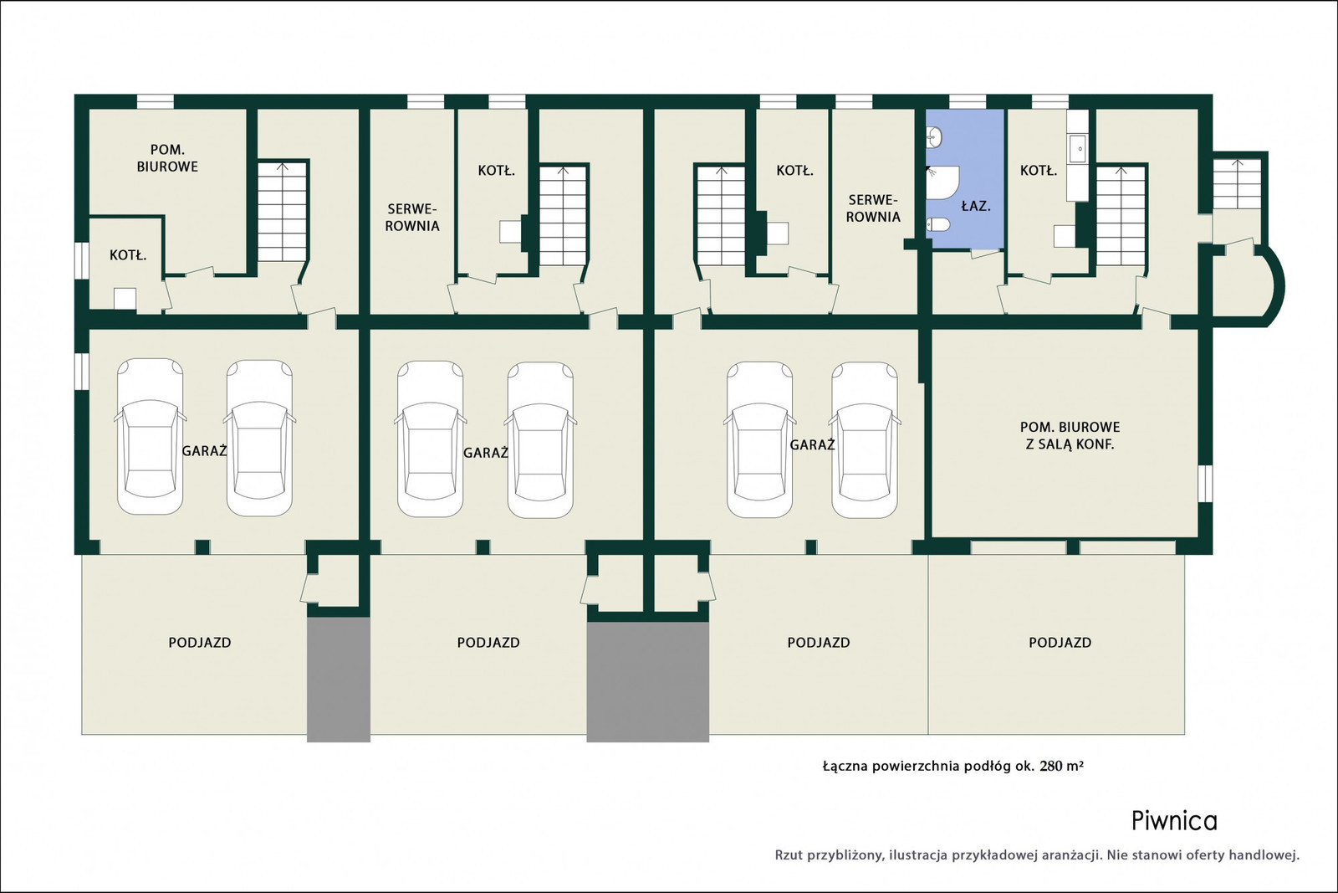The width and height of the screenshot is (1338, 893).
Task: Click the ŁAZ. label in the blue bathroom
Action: click(x=976, y=206)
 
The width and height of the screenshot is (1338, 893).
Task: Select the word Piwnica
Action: click(x=1174, y=821)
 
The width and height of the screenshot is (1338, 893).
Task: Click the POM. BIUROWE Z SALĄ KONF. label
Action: click(x=1070, y=436)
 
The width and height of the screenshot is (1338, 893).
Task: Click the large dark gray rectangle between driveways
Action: click(x=647, y=682)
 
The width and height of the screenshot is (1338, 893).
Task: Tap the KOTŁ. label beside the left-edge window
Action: click(x=128, y=255)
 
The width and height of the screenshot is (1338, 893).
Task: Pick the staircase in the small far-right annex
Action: click(x=1237, y=183)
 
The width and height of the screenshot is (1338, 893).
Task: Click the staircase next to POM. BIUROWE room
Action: click(x=283, y=212)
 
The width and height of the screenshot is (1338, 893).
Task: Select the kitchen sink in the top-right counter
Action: click(x=1078, y=149)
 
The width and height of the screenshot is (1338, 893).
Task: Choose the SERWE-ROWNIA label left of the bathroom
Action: click(x=873, y=208)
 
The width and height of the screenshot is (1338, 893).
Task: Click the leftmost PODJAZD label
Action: click(x=200, y=643)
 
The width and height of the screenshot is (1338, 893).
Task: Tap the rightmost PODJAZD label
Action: click(x=1060, y=643)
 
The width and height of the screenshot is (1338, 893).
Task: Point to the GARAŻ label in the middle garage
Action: click(x=486, y=453)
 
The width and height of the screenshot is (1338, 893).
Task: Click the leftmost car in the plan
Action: click(x=150, y=436)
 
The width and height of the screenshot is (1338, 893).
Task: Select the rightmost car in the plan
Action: click(x=865, y=440)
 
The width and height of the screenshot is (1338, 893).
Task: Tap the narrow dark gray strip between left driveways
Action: click(x=339, y=680)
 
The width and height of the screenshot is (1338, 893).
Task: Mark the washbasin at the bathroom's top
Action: click(x=933, y=137)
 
